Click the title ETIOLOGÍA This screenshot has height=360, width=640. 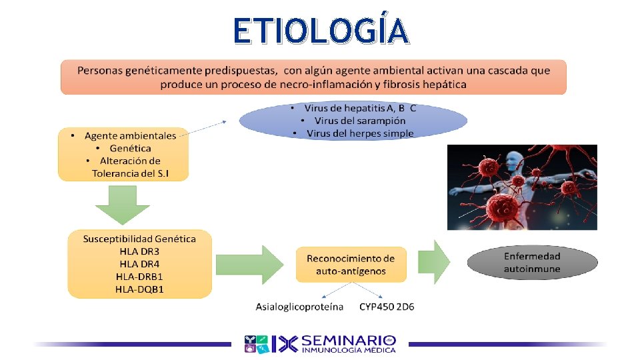point(319,31)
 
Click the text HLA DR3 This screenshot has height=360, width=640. point(139,251)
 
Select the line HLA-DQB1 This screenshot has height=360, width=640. point(139,289)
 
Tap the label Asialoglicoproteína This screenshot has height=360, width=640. point(300,307)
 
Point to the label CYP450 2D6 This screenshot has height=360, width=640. point(387,307)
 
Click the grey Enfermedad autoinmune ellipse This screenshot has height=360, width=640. point(531,263)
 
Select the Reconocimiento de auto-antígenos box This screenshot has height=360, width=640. point(350,265)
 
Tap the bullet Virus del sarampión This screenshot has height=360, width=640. point(359,121)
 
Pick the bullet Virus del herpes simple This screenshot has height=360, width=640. point(360,133)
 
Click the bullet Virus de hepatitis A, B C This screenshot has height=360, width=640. point(360,108)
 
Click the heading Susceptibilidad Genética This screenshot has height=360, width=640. point(139,239)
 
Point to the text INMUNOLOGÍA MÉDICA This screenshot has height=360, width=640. point(349,350)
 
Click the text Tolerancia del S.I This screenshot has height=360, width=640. point(131,173)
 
